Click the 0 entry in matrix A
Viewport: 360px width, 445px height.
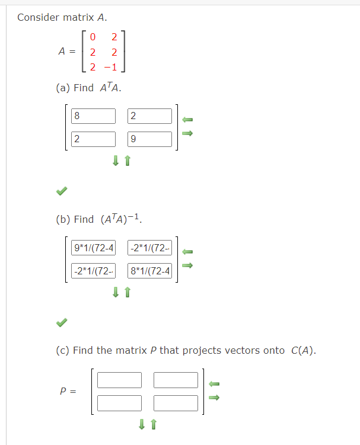pyautogui.click(x=93, y=38)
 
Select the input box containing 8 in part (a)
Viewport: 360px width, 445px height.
pyautogui.click(x=93, y=116)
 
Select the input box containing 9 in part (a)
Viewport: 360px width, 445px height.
pyautogui.click(x=149, y=139)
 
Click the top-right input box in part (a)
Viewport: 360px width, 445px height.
pyautogui.click(x=149, y=116)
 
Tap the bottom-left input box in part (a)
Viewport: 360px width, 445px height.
pyautogui.click(x=93, y=139)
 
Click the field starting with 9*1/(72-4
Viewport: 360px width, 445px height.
pyautogui.click(x=93, y=248)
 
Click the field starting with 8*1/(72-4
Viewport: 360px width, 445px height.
pyautogui.click(x=149, y=271)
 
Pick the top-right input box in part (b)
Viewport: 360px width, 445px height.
pyautogui.click(x=149, y=248)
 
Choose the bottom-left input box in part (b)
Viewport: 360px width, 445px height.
pyautogui.click(x=93, y=271)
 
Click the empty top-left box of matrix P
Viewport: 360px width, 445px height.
pyautogui.click(x=119, y=380)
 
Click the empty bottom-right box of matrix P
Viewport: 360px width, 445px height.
pyautogui.click(x=176, y=403)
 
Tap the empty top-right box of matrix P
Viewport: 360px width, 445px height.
pyautogui.click(x=176, y=380)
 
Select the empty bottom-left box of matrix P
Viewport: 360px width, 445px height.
pyautogui.click(x=119, y=403)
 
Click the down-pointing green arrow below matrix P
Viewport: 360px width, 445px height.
pyautogui.click(x=142, y=424)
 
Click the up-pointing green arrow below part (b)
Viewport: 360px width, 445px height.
pyautogui.click(x=127, y=292)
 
